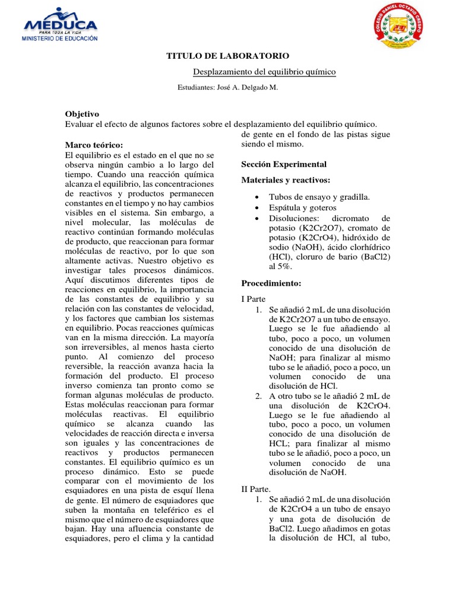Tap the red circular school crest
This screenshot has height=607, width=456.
point(402,30)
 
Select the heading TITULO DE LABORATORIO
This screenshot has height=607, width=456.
point(227,56)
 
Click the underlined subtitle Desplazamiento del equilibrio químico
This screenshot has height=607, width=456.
point(265,72)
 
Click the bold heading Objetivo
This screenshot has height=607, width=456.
point(81,114)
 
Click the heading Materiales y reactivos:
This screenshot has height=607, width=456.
point(286,180)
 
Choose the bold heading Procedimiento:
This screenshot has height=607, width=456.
point(271,283)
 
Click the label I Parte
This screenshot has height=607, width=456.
point(254,299)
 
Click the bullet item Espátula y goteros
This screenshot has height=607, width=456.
point(302,207)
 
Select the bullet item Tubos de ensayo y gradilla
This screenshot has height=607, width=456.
point(319,197)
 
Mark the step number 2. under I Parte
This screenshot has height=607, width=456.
point(258,396)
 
